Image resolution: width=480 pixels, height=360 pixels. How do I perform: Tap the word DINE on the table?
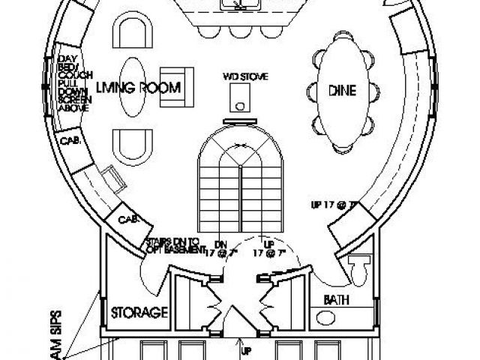[x=341, y=91]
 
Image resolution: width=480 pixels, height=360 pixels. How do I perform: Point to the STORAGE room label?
[x=139, y=312]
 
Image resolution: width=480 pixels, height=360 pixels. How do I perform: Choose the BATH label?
[x=334, y=299]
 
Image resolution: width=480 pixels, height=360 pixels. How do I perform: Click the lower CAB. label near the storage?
[x=127, y=219]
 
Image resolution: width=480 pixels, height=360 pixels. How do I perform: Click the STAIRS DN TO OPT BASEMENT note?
[x=172, y=245]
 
